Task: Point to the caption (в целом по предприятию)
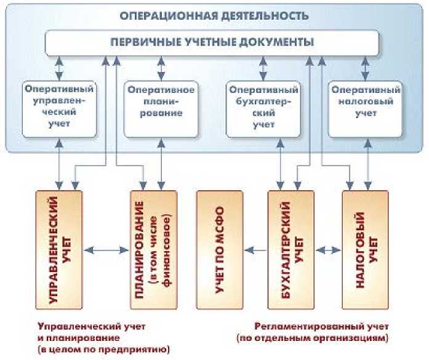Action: (x=103, y=350)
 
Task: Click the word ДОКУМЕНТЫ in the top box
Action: (x=281, y=42)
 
